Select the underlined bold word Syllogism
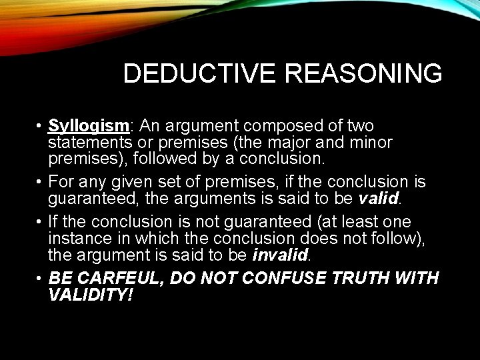click(x=88, y=126)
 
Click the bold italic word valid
click(x=377, y=199)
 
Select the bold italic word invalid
click(x=280, y=255)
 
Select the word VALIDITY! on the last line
click(x=91, y=294)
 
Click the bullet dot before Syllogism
click(x=40, y=127)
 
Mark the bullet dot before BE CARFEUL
click(x=40, y=278)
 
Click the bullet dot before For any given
click(x=40, y=183)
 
